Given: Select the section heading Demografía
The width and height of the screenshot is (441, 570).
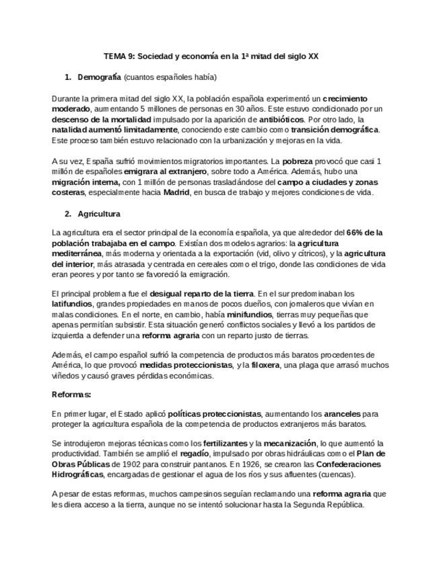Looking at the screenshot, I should click(x=99, y=77).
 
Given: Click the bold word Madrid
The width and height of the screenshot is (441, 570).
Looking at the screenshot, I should click(x=176, y=192).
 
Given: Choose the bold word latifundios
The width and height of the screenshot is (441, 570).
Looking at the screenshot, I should click(x=71, y=304).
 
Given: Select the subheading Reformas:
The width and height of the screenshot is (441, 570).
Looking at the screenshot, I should click(x=71, y=395).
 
